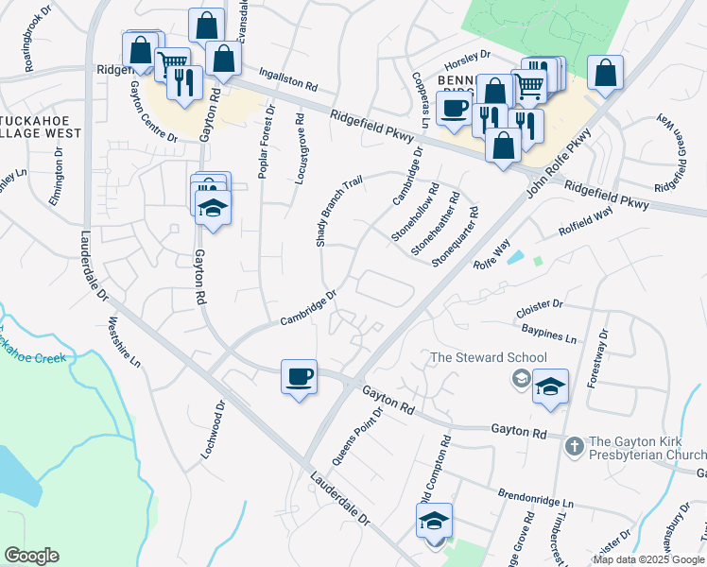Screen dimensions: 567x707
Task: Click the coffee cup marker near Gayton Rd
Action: [x=299, y=378]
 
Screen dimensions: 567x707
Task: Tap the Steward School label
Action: [x=488, y=357]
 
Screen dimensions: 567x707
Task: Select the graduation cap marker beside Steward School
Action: [x=550, y=387]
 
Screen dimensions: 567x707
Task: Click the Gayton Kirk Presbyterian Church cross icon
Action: [x=573, y=444]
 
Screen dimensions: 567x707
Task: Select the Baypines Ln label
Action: [x=548, y=332]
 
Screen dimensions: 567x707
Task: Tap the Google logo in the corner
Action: [x=31, y=556]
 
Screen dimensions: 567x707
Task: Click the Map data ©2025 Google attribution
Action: [x=648, y=559]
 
